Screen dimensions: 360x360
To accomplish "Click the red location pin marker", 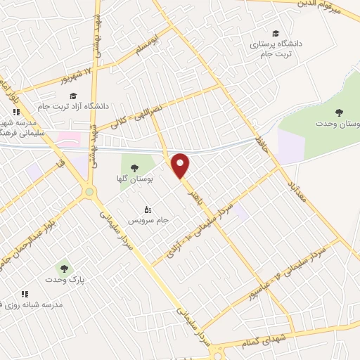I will [x=181, y=165].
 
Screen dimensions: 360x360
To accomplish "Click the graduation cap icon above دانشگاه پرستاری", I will [x=276, y=33].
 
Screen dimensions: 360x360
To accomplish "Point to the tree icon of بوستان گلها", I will [x=134, y=167].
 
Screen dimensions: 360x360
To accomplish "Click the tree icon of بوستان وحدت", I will [x=339, y=112].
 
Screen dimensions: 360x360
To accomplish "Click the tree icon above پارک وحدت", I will [x=64, y=268].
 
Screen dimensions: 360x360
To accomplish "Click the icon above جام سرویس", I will [x=147, y=209].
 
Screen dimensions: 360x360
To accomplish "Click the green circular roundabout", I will [x=89, y=191].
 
